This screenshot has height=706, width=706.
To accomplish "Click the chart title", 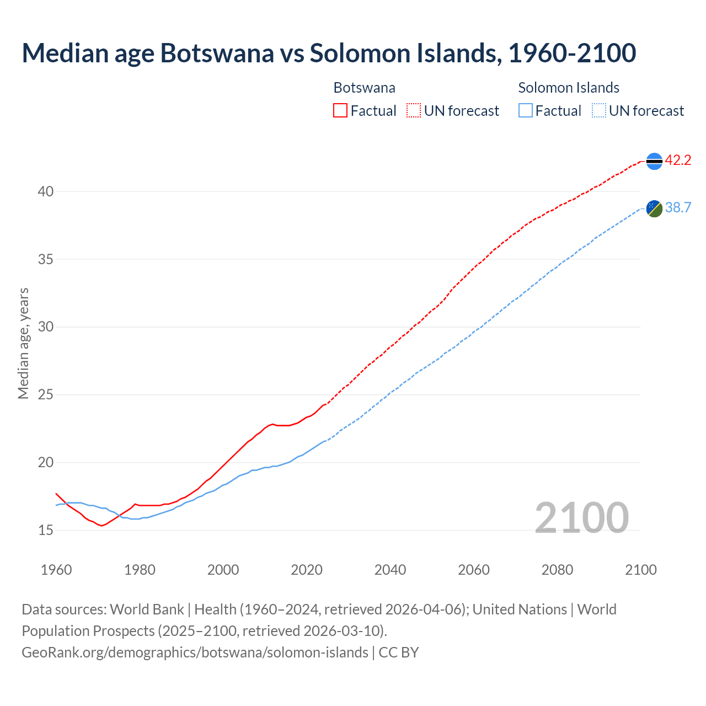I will point(329,54).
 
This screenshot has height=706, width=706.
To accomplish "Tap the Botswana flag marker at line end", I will point(654,161).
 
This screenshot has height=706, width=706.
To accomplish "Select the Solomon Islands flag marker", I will point(654,208).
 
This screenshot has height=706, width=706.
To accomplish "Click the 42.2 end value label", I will point(678,161).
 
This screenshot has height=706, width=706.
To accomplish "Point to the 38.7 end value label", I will point(678,207).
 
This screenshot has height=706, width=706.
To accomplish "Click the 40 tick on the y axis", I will point(46,191).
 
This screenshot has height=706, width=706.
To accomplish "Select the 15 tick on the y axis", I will point(46,530).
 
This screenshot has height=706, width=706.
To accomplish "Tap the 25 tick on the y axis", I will point(46,395).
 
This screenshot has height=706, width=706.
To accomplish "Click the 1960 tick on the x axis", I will point(56,570).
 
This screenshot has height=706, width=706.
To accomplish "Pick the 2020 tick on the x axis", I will point(307,570).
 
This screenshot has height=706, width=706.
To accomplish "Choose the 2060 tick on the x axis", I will point(474,570).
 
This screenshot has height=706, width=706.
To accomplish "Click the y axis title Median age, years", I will point(23,343).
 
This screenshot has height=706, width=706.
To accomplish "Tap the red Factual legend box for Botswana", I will point(340,111).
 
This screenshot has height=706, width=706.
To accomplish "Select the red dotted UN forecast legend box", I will point(414,111).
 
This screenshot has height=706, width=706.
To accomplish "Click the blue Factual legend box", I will point(526,111).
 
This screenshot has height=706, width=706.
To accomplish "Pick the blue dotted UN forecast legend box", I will point(599,111).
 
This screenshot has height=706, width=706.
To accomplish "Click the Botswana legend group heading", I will point(365,88).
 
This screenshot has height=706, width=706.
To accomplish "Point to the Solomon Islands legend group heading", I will point(569,88).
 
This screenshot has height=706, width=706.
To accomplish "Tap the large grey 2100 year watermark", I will point(582,517).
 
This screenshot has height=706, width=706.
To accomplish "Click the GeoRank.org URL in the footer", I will point(195,652).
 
